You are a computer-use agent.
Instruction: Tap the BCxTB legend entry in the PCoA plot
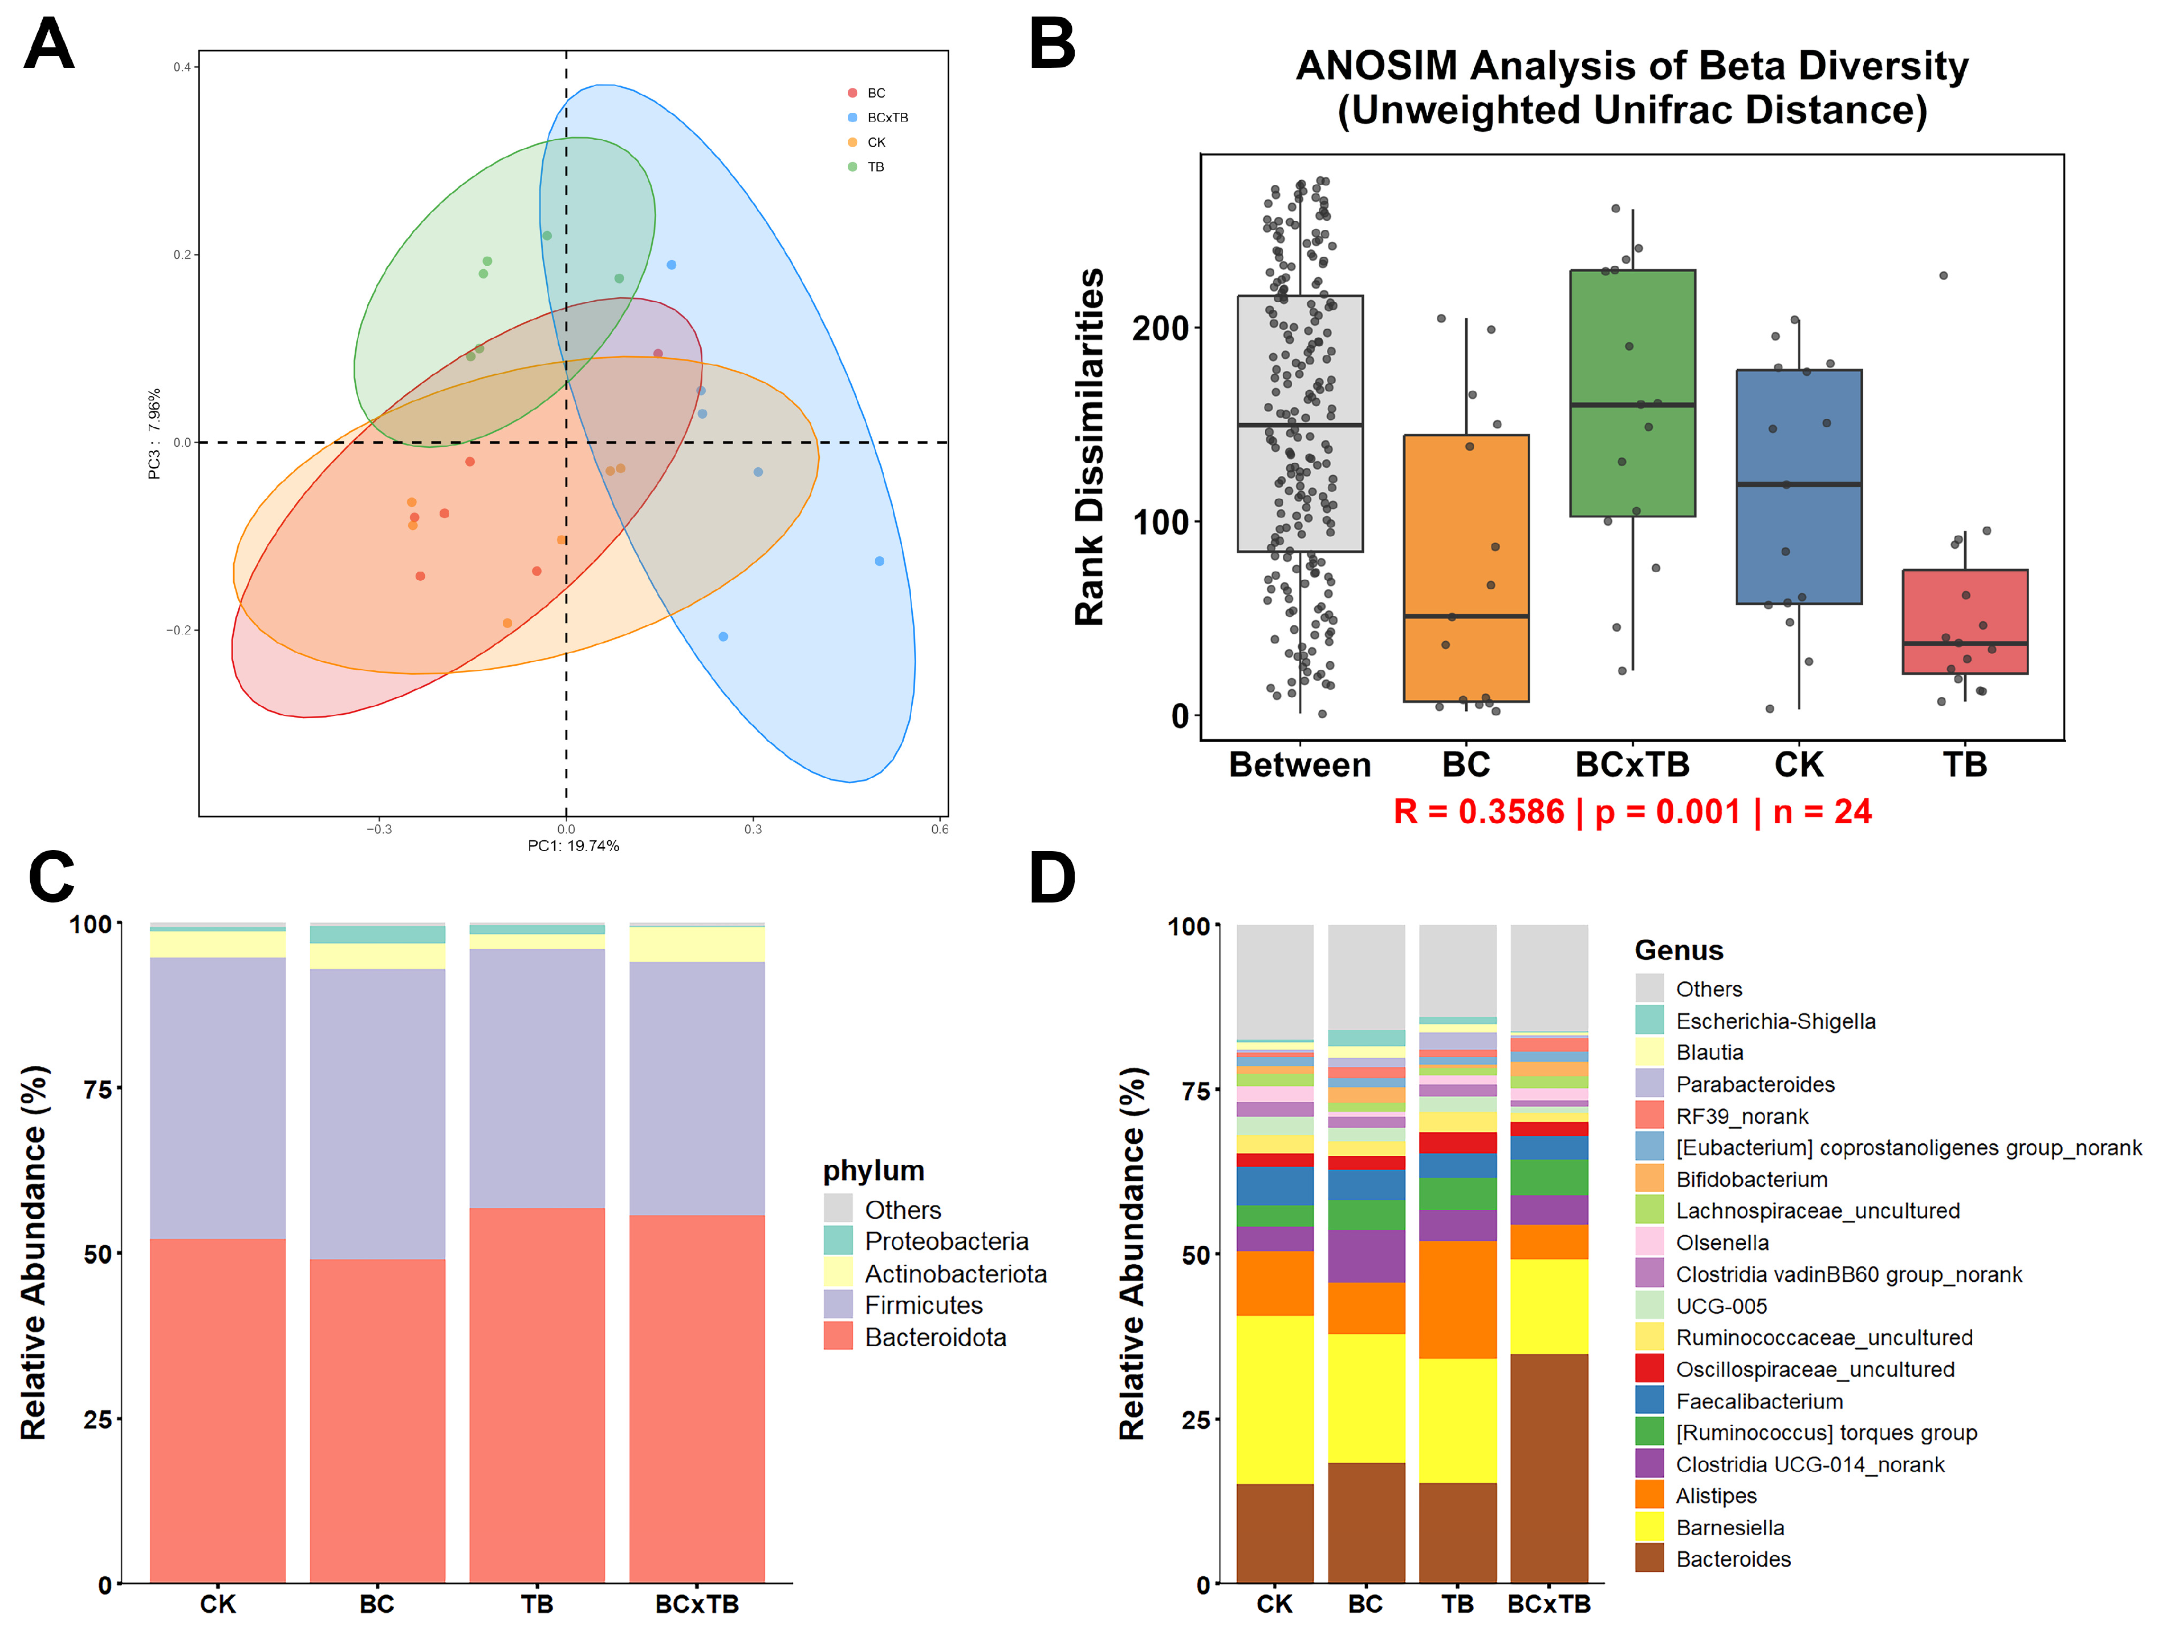[x=887, y=118]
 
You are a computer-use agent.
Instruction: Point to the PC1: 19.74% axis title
[x=573, y=846]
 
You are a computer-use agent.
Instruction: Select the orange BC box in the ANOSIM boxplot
[x=1465, y=567]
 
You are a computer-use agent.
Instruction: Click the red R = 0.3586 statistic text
[x=1478, y=812]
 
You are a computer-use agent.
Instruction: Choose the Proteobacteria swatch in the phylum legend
[x=838, y=1241]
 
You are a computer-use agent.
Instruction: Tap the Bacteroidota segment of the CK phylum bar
[x=217, y=1408]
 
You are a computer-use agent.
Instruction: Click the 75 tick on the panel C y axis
[x=97, y=1089]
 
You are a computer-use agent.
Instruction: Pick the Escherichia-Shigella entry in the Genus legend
[x=1775, y=1021]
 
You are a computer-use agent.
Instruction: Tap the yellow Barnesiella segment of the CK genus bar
[x=1274, y=1398]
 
